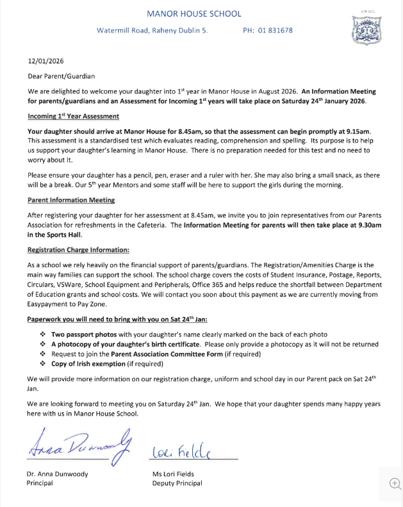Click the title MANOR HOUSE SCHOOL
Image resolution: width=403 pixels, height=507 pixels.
coord(193,13)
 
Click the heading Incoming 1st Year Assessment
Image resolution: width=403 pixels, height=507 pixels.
coord(73,116)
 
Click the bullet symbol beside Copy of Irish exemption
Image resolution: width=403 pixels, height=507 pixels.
coord(43,364)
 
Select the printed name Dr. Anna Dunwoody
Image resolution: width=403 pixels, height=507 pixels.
coord(56,474)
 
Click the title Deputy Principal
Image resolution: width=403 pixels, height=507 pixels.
coord(177,483)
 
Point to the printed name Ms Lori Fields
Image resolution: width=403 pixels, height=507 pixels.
coord(173,474)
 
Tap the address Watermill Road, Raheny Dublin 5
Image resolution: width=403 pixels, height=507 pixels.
coord(152,31)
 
